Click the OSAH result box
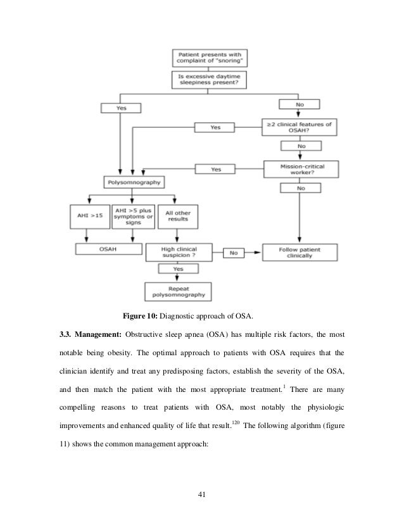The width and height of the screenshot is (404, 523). pos(104,249)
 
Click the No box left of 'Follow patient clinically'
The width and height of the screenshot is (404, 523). pos(234,253)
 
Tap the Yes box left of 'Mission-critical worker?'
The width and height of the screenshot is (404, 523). pos(216,169)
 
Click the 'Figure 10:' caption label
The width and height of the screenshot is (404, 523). pos(137,316)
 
